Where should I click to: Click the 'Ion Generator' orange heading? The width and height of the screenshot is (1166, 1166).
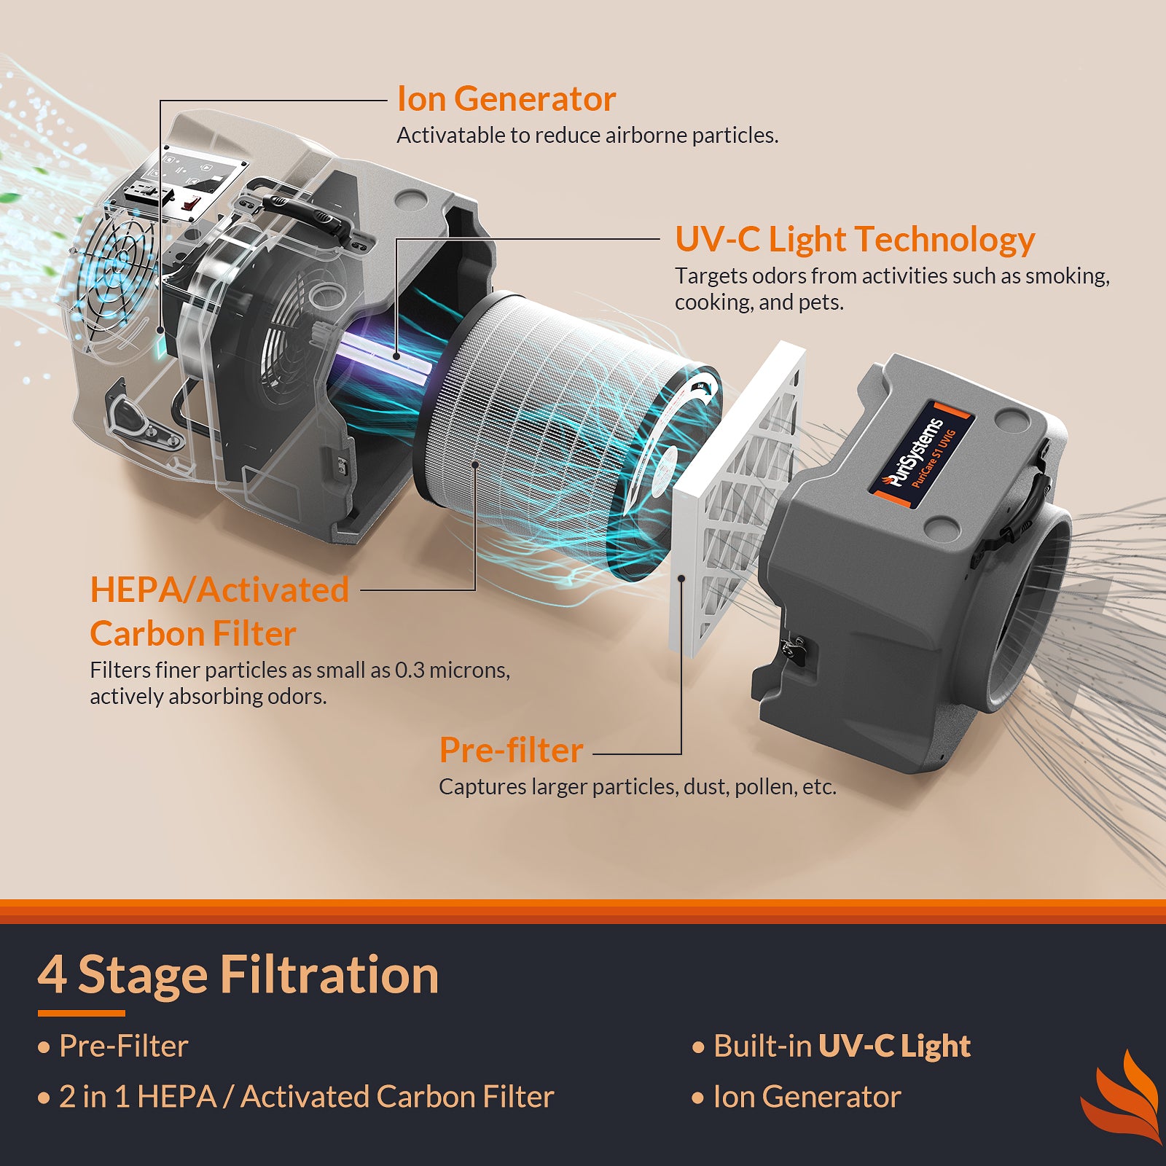pyautogui.click(x=506, y=99)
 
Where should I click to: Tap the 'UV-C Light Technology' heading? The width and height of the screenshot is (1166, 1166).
pyautogui.click(x=854, y=240)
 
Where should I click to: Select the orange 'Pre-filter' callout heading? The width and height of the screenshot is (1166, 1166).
pyautogui.click(x=511, y=751)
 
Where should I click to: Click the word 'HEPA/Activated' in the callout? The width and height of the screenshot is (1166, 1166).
pyautogui.click(x=219, y=590)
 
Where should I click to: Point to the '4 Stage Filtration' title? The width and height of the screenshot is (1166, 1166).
pyautogui.click(x=238, y=975)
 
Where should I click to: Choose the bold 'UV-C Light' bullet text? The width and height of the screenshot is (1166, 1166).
pyautogui.click(x=894, y=1046)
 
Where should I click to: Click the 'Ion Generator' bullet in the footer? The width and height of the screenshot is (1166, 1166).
pyautogui.click(x=807, y=1097)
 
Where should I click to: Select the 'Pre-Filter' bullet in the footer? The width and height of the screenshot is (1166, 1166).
pyautogui.click(x=123, y=1046)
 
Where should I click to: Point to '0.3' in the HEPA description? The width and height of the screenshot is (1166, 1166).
pyautogui.click(x=410, y=670)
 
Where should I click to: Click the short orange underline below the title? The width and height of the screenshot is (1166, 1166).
pyautogui.click(x=81, y=1013)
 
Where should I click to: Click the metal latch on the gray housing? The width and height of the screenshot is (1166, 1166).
pyautogui.click(x=792, y=648)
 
